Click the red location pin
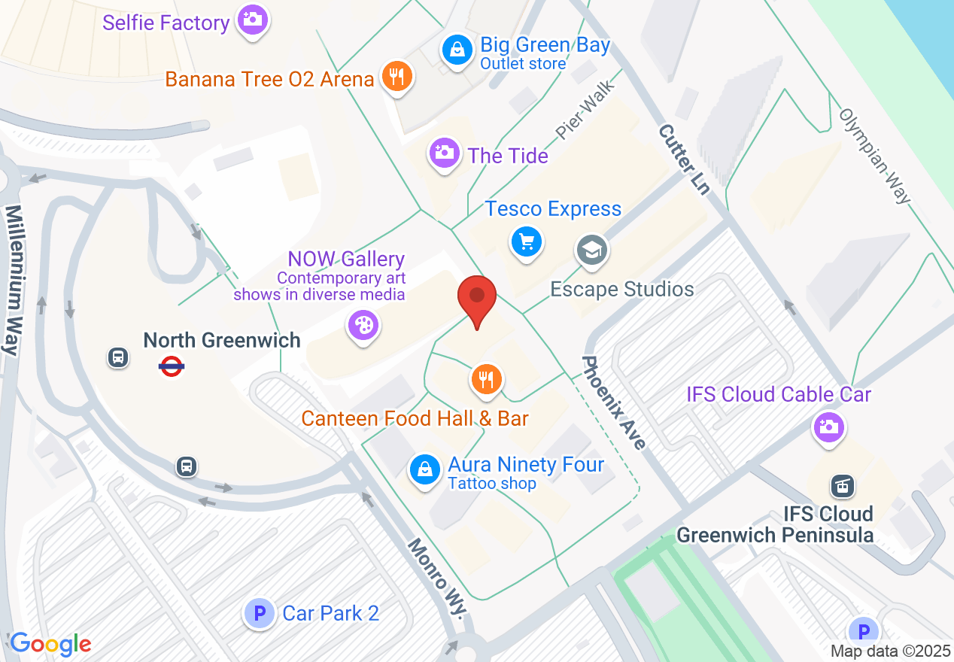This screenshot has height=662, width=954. [477, 299]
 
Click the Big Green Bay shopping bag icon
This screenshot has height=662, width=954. [456, 51]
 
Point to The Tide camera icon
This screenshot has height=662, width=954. [445, 153]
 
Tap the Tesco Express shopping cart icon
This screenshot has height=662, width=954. [527, 242]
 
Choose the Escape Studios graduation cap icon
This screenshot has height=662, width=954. [592, 250]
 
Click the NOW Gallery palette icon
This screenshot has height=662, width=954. [363, 325]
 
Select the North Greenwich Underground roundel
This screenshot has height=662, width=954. [172, 366]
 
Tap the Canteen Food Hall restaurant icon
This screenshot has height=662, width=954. [487, 379]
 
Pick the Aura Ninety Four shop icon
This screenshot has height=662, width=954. [424, 469]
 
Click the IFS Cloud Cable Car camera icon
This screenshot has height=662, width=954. [829, 427]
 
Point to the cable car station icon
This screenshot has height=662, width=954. [840, 486]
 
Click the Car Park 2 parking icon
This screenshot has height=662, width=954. [260, 613]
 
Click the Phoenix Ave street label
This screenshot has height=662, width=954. [614, 402]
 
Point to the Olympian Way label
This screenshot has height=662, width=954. [875, 156]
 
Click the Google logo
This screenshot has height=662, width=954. [50, 645]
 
